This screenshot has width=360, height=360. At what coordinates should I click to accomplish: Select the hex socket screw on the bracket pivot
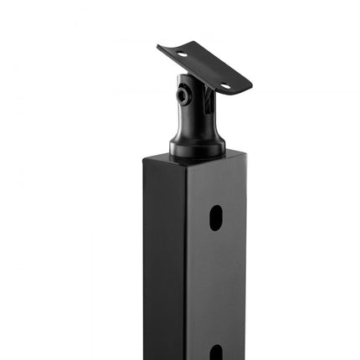183,97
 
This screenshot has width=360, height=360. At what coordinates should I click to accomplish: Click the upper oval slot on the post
216,218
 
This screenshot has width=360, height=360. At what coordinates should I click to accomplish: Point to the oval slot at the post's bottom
216,352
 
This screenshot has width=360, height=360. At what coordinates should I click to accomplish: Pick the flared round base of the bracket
197,147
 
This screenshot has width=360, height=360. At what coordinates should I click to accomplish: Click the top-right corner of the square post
245,152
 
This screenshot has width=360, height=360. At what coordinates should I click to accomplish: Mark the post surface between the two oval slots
216,285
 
